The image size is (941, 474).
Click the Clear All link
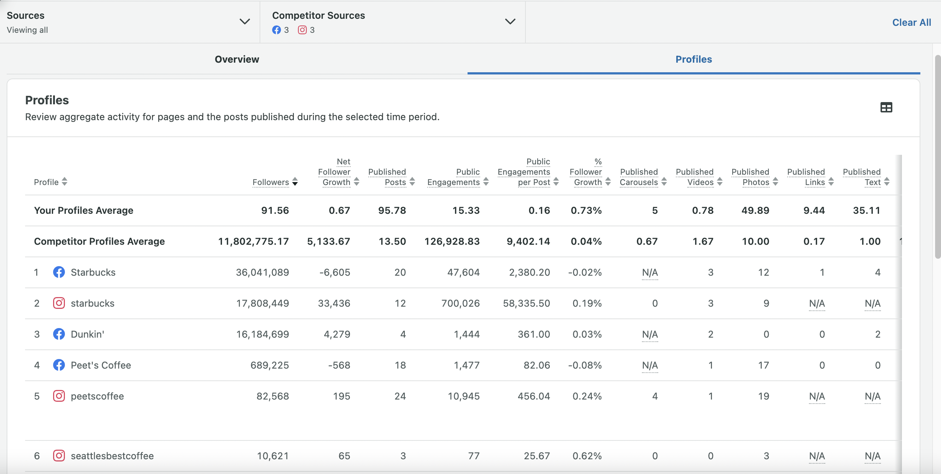(x=912, y=22)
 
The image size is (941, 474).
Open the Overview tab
(x=237, y=59)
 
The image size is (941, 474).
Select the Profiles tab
(x=694, y=59)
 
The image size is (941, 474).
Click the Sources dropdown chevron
(x=245, y=21)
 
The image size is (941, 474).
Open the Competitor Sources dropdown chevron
(x=510, y=21)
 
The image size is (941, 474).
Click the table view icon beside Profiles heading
(x=886, y=107)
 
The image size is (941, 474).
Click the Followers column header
(x=271, y=182)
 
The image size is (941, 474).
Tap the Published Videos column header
(x=695, y=177)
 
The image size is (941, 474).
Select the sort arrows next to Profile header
(x=65, y=182)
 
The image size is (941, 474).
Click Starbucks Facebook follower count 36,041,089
(x=263, y=272)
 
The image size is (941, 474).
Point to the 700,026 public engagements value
(x=461, y=303)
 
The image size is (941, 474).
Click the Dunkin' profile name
(x=87, y=334)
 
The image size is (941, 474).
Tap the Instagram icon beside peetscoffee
(x=59, y=396)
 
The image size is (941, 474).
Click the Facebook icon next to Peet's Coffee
(x=59, y=365)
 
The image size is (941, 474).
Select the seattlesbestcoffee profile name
(x=112, y=456)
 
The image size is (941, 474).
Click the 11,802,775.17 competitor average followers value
(x=253, y=241)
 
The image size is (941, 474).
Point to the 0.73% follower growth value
(x=586, y=210)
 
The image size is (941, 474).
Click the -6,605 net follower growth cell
(x=335, y=272)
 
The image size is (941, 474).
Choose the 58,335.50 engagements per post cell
(x=527, y=303)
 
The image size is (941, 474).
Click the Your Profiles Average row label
(x=84, y=210)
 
